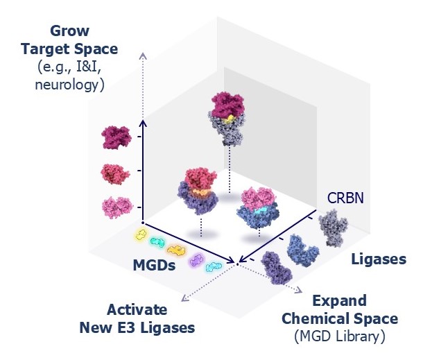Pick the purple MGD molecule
[197, 261]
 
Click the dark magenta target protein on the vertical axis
[115, 136]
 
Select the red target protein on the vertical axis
[115, 172]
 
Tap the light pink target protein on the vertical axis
[116, 206]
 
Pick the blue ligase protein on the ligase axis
[304, 249]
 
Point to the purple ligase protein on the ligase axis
[277, 268]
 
